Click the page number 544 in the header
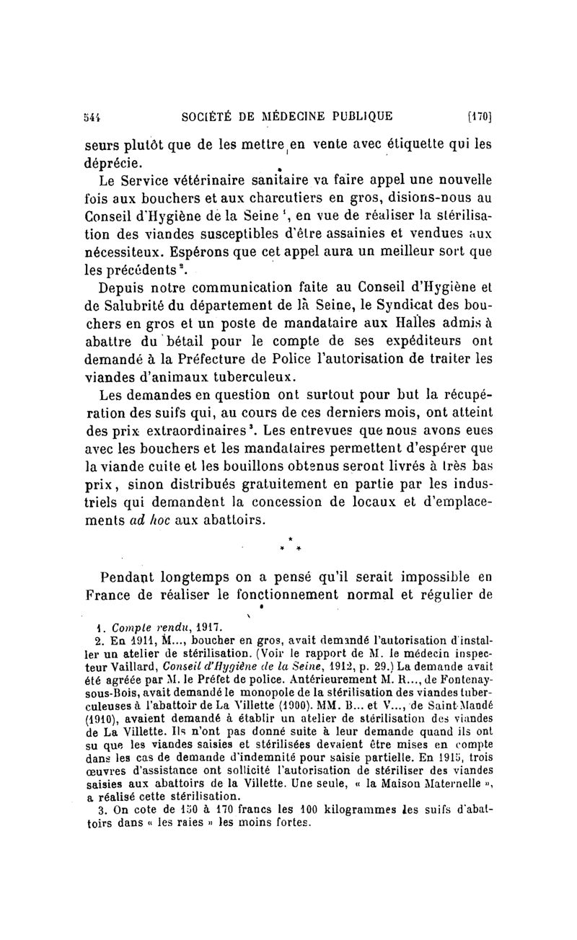click(92, 115)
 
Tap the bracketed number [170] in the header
click(479, 115)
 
